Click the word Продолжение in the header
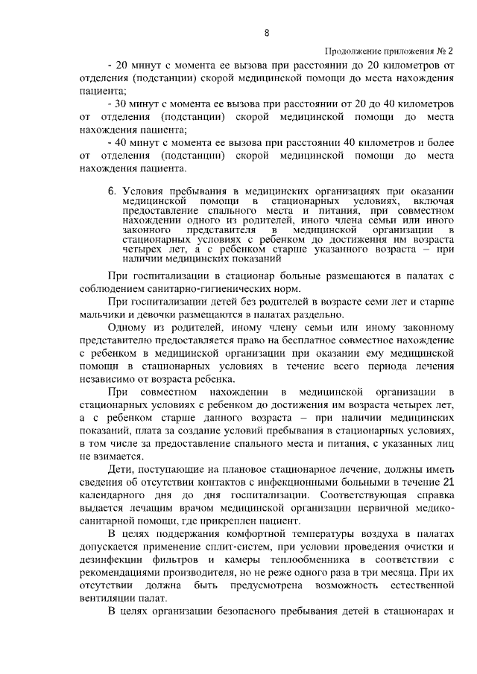tap(353, 51)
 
